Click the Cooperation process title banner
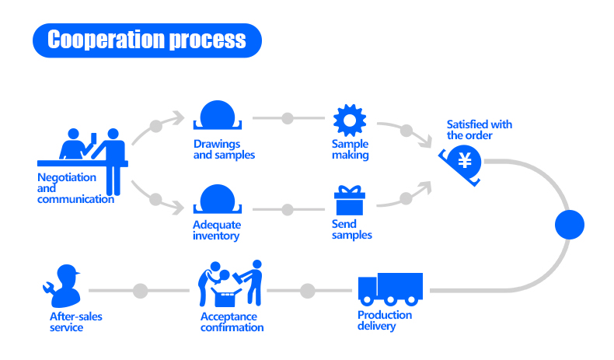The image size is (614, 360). pyautogui.click(x=147, y=40)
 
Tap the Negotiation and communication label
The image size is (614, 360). pyautogui.click(x=75, y=188)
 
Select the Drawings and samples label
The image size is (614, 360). pyautogui.click(x=224, y=149)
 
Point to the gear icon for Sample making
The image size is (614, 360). pyautogui.click(x=349, y=119)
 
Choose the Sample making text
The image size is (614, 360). pyautogui.click(x=351, y=149)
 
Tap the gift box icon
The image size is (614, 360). pyautogui.click(x=349, y=201)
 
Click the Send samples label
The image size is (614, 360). pyautogui.click(x=352, y=229)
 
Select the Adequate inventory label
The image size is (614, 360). pyautogui.click(x=217, y=231)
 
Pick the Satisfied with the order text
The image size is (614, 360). pyautogui.click(x=480, y=130)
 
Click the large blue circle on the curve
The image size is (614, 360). pyautogui.click(x=569, y=225)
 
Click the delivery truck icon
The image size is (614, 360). pyautogui.click(x=390, y=289)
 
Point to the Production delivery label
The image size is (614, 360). pyautogui.click(x=385, y=320)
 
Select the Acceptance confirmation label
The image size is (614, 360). pyautogui.click(x=232, y=322)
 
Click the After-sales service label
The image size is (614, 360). pyautogui.click(x=76, y=322)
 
